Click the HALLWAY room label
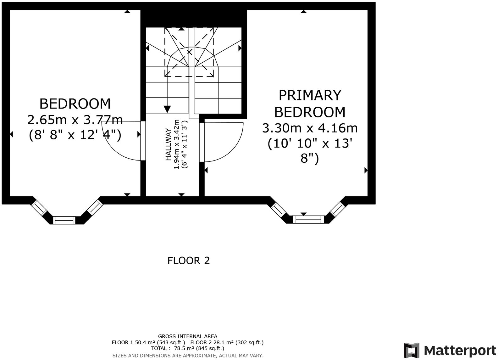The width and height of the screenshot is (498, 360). pyautogui.click(x=169, y=144)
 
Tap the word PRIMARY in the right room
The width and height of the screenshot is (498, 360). pyautogui.click(x=310, y=95)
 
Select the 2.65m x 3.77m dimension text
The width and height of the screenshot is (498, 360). pyautogui.click(x=75, y=120)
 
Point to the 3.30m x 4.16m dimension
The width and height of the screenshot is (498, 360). pyautogui.click(x=310, y=128)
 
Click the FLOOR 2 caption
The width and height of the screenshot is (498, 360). pyautogui.click(x=188, y=261)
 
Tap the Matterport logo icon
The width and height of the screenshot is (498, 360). pyautogui.click(x=412, y=350)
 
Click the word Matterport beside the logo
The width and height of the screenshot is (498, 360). pyautogui.click(x=460, y=350)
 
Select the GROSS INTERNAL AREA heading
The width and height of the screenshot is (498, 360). pyautogui.click(x=187, y=336)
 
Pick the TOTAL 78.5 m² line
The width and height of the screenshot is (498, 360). pyautogui.click(x=187, y=348)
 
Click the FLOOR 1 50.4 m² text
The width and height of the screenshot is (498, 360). pyautogui.click(x=148, y=342)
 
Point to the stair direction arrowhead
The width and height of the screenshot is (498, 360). pyautogui.click(x=167, y=109)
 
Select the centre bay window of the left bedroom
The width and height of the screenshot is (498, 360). pyautogui.click(x=64, y=220)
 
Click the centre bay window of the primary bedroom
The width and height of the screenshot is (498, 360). pyautogui.click(x=308, y=219)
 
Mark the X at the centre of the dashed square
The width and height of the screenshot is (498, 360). pyautogui.click(x=190, y=52)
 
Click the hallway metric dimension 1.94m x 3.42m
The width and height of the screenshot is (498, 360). pyautogui.click(x=177, y=144)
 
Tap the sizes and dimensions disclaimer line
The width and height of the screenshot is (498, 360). pyautogui.click(x=187, y=356)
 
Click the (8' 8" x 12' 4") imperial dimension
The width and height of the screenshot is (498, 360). pyautogui.click(x=75, y=135)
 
